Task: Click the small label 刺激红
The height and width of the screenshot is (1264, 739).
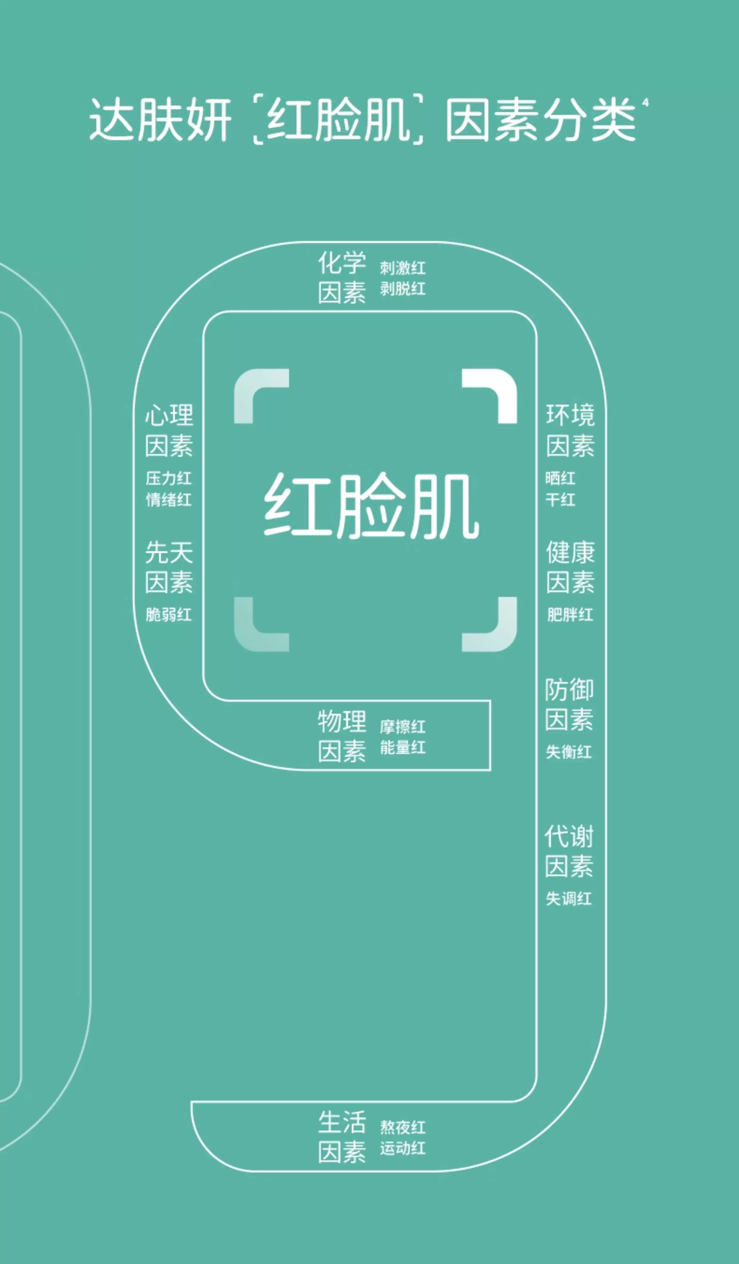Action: click(402, 268)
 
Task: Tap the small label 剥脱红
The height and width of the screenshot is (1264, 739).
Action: click(402, 289)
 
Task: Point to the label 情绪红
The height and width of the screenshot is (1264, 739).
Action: click(169, 499)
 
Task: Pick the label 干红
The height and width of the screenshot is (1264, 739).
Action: click(561, 499)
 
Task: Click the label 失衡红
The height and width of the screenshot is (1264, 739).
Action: click(569, 752)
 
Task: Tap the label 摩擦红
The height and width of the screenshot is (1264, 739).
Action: click(402, 726)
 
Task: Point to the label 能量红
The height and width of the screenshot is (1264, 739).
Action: click(402, 747)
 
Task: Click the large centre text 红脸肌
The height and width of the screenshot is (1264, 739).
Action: click(371, 507)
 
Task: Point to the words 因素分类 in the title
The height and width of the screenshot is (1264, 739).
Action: click(541, 120)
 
